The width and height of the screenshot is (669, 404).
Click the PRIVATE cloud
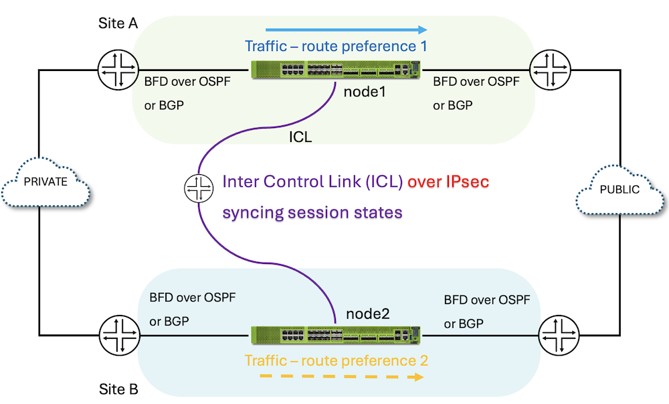[x=46, y=183]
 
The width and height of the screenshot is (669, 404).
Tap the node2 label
[x=367, y=314]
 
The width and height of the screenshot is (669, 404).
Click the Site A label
[x=118, y=23]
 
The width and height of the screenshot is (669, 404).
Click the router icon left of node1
[x=116, y=70]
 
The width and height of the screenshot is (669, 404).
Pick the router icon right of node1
[x=549, y=70]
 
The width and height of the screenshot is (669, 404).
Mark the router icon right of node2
[x=559, y=334]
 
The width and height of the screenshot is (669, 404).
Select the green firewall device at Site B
[x=335, y=335]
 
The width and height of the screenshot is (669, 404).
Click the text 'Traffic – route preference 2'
[x=336, y=360]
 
